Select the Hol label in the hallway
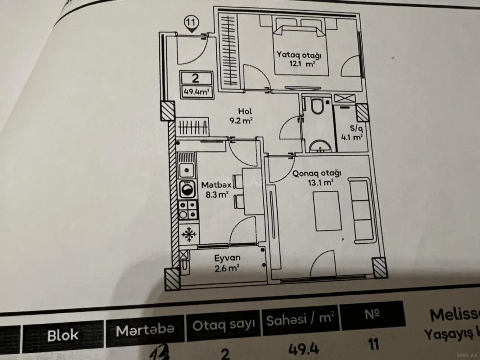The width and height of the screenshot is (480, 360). [245, 111]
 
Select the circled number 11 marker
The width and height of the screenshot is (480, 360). [192, 22]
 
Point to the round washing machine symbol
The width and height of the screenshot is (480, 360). [187, 189]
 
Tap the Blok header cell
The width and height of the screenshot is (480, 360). [63, 334]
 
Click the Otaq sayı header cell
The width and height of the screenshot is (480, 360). [224, 324]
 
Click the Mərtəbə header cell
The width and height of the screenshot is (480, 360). [144, 331]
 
